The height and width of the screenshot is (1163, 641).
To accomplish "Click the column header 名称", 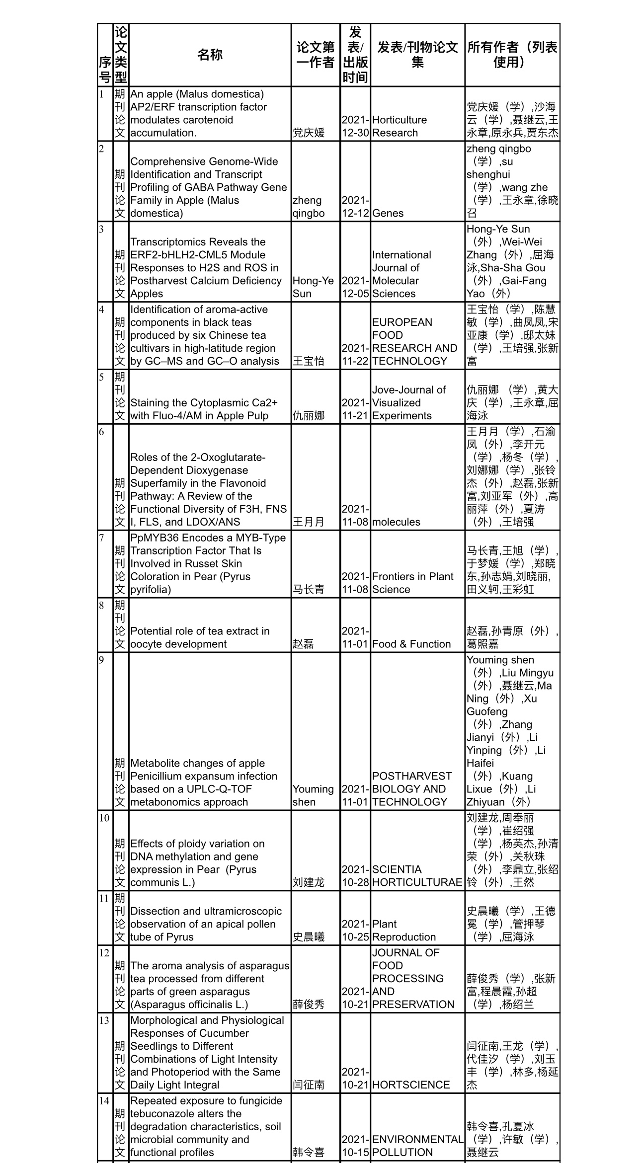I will click(x=210, y=55).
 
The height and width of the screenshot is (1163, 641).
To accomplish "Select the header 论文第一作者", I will click(x=316, y=55).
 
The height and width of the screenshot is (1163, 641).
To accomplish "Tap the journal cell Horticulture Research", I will click(x=399, y=126).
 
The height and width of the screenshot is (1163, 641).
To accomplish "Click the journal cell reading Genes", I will click(x=388, y=213).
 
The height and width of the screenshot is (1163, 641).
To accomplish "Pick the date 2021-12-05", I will click(x=355, y=287).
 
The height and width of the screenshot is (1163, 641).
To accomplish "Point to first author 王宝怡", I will click(x=308, y=361).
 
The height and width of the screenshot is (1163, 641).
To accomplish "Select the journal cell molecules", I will click(x=396, y=522).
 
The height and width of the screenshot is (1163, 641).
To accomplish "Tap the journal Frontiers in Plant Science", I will click(x=412, y=583).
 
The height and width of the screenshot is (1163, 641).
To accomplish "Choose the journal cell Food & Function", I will click(x=411, y=644).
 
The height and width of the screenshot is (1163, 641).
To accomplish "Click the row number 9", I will click(x=101, y=660).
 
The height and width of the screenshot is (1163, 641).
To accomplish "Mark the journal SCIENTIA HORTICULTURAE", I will click(x=416, y=876).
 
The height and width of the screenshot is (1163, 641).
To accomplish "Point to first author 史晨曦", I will click(x=308, y=937).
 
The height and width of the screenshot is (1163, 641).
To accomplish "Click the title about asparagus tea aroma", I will click(x=209, y=985).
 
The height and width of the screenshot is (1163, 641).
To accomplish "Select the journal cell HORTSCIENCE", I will click(x=411, y=1085).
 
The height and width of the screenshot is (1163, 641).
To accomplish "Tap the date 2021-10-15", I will click(x=355, y=1146).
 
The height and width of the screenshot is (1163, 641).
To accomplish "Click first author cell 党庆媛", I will click(x=308, y=133).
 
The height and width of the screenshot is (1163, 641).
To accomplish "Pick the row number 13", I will click(x=104, y=1020).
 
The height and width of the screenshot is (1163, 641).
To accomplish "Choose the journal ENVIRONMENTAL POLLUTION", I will click(x=417, y=1146).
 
